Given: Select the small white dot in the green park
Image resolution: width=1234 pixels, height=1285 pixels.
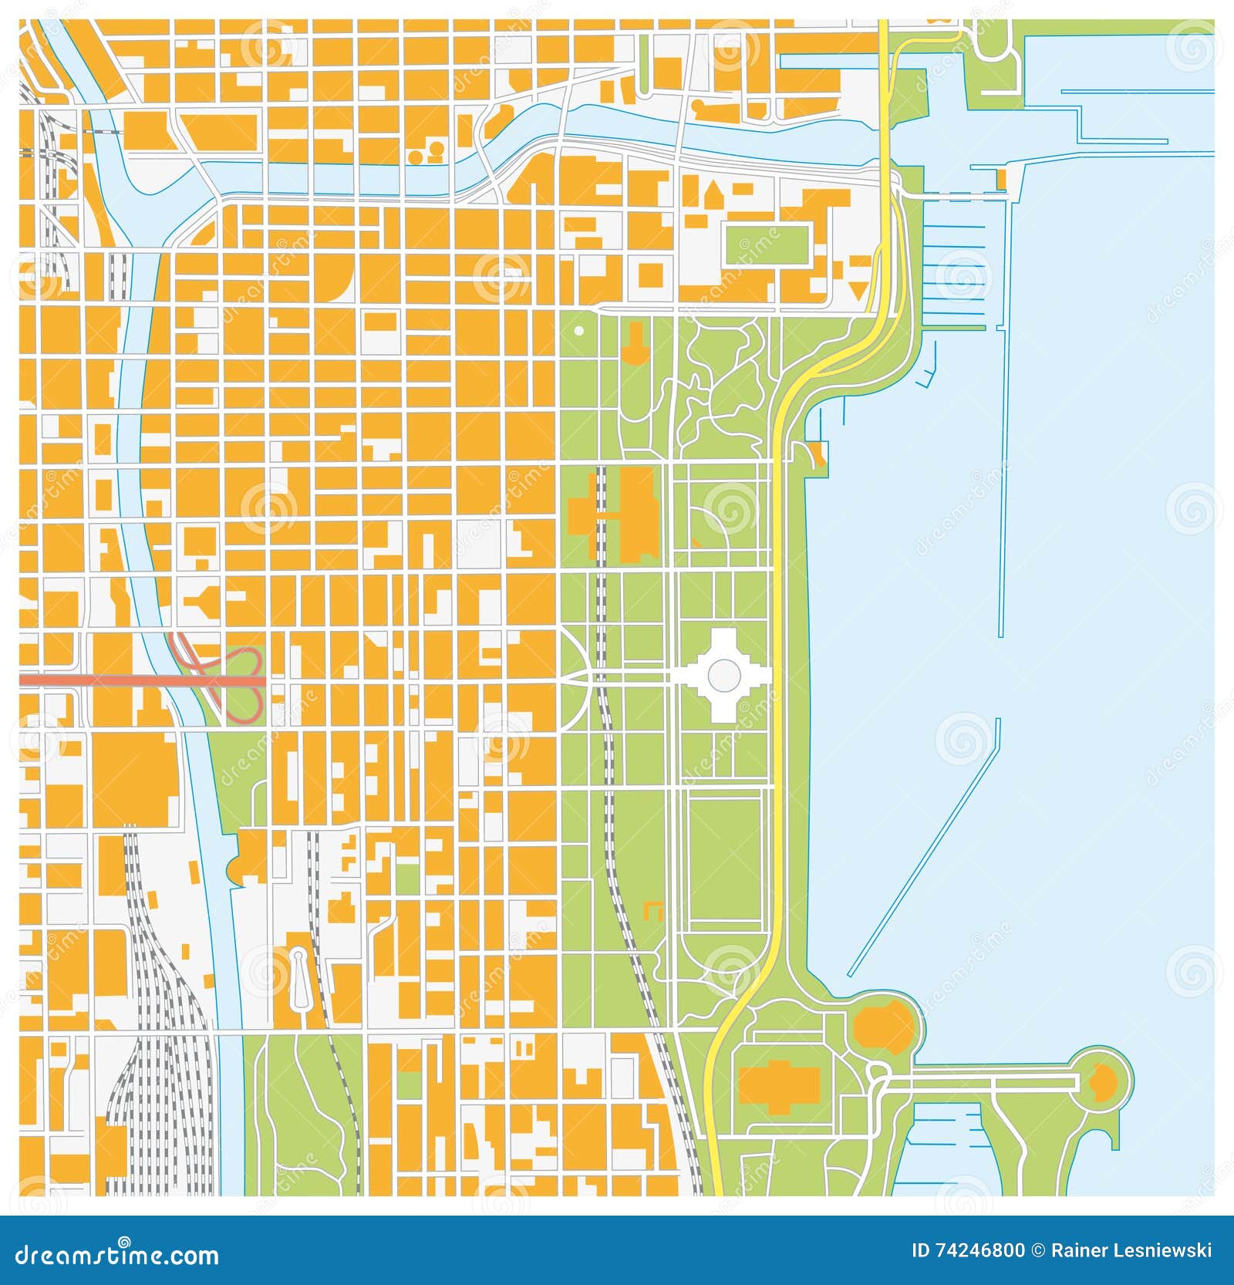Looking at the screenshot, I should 578,331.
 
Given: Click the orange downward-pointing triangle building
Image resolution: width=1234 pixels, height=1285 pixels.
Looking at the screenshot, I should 857,291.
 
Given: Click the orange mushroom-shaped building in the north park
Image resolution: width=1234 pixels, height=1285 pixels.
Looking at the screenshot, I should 636,345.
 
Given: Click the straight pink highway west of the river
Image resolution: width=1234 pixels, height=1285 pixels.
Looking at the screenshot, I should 93,681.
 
